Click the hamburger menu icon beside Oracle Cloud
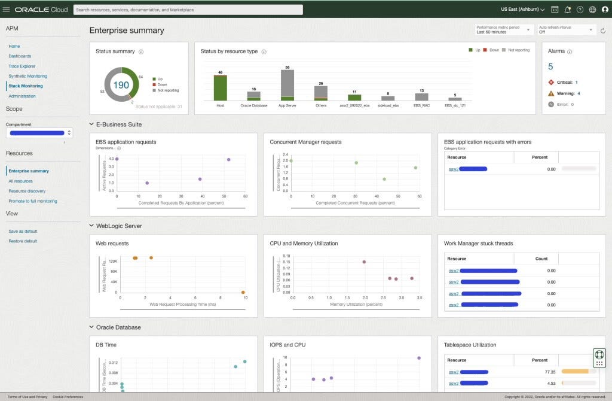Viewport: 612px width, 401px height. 7,10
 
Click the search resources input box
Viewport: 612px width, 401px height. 188,10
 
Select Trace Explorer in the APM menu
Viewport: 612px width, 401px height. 22,66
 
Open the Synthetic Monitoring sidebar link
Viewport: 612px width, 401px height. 27,76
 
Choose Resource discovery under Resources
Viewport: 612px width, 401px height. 27,191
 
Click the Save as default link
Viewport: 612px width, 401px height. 23,231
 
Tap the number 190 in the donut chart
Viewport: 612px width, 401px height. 121,85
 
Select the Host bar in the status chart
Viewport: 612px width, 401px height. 220,88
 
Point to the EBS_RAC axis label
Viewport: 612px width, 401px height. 421,105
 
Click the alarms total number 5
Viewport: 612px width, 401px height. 550,66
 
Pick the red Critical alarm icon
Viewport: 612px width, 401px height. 550,82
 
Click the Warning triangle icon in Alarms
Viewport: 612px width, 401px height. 550,93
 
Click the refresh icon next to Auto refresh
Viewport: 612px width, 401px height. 602,30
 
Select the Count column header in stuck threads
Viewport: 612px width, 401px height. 541,259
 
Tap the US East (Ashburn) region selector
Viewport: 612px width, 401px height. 522,10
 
